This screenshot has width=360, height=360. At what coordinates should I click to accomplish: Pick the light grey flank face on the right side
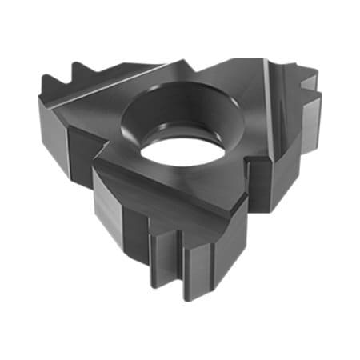276,120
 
